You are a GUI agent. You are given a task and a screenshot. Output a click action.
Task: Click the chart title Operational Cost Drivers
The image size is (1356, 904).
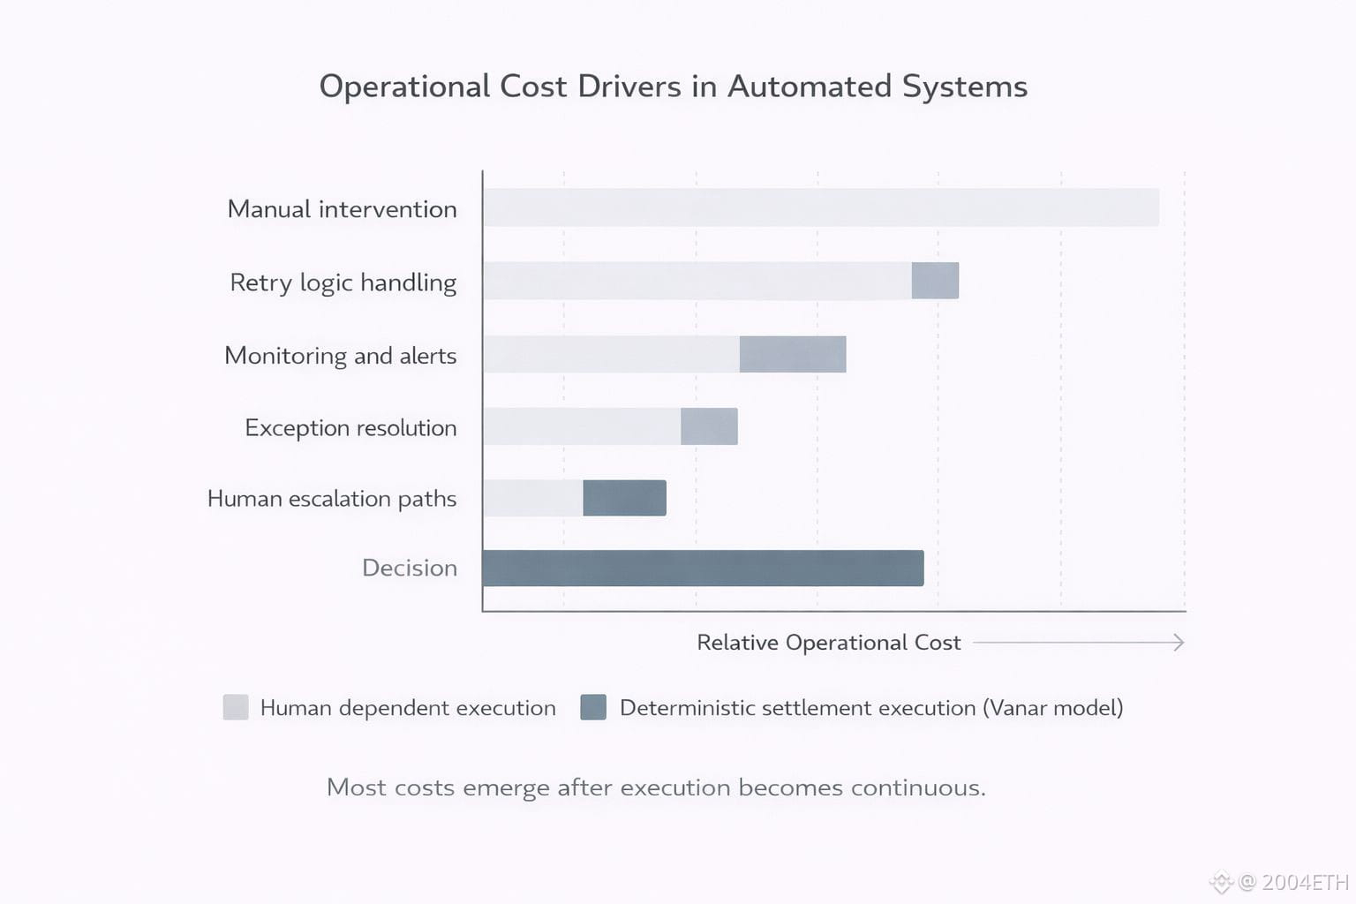673,87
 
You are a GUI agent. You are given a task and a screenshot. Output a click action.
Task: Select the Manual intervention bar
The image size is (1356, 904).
820,207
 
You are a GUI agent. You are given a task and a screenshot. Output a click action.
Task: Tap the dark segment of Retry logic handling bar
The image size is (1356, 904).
935,281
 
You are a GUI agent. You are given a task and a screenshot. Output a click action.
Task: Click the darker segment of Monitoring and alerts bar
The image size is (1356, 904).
793,354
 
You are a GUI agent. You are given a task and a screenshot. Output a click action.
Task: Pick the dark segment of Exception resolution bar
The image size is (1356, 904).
709,426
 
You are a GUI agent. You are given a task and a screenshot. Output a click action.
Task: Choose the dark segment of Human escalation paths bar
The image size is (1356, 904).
624,498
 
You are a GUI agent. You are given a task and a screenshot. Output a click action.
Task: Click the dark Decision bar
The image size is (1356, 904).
703,568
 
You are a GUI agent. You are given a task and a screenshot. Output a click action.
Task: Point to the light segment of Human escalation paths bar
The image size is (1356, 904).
533,498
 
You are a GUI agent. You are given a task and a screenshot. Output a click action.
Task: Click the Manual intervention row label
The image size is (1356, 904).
343,209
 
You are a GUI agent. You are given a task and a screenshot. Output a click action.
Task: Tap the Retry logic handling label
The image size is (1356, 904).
343,282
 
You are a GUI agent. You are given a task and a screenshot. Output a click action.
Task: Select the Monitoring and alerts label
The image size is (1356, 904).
341,356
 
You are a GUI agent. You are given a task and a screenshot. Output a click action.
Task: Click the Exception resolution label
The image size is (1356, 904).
350,428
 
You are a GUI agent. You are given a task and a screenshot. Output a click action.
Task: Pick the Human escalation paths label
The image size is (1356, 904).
332,499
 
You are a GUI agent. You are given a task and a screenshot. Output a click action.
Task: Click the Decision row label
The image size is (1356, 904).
410,568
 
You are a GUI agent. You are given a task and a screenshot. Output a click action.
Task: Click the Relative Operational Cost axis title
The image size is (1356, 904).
828,643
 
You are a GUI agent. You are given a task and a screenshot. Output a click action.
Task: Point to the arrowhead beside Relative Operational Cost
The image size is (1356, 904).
1178,643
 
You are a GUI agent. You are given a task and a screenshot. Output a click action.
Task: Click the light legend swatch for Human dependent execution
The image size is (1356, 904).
236,707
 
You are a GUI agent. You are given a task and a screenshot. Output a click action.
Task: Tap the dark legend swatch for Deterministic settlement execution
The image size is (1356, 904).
593,707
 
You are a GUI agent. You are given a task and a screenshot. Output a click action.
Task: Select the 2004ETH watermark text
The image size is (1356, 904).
1305,882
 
